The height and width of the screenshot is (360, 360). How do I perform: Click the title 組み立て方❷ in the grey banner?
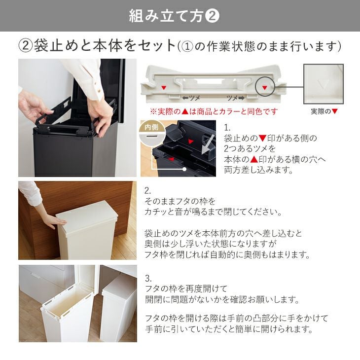[x=174, y=16]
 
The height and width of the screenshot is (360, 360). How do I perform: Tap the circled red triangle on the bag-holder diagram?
[x=265, y=87]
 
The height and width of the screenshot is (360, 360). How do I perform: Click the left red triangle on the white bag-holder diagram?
[x=164, y=88]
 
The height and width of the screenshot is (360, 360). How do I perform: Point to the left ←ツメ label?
[x=191, y=98]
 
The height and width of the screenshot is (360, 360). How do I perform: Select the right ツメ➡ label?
[x=236, y=98]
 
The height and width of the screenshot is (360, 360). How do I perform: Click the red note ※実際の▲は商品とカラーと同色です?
[x=214, y=111]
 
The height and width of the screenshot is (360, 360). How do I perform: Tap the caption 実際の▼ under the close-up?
[x=324, y=111]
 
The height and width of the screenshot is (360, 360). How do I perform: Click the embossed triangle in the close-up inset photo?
[x=323, y=84]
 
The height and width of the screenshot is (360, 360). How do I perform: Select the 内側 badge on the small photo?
[x=151, y=127]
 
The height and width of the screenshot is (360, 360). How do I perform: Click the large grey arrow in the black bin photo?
[x=208, y=144]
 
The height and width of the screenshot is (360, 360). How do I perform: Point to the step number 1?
[x=227, y=128]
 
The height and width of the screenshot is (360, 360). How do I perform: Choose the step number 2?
[x=147, y=190]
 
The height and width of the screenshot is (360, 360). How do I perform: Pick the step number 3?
[x=148, y=278]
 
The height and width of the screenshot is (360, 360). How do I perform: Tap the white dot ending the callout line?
[x=184, y=170]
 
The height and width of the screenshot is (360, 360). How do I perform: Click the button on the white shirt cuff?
[x=99, y=91]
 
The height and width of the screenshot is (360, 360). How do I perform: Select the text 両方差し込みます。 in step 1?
[x=258, y=170]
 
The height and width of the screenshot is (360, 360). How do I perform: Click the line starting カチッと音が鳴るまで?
[x=213, y=212]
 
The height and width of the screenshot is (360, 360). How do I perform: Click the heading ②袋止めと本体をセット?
[x=97, y=46]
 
